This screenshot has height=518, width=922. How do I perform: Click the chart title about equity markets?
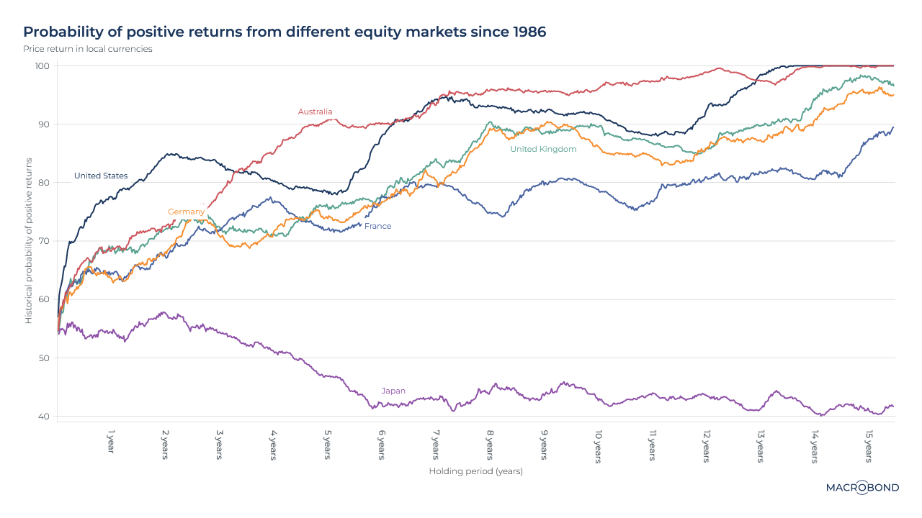(x=285, y=32)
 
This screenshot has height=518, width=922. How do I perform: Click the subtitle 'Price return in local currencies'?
(x=88, y=49)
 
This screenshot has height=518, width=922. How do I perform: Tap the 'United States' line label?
(x=101, y=176)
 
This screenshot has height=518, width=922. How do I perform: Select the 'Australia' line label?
(x=315, y=112)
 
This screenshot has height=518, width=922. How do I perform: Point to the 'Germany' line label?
(x=186, y=212)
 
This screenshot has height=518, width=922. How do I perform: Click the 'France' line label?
(x=378, y=226)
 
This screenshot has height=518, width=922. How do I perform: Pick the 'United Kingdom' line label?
(x=543, y=149)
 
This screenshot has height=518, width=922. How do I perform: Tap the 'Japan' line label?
(x=393, y=391)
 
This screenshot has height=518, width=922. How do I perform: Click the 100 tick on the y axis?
(x=42, y=66)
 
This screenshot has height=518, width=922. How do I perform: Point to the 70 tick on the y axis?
(x=44, y=241)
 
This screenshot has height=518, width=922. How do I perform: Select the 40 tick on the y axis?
(x=44, y=417)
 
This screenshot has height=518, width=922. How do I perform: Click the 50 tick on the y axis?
(x=44, y=358)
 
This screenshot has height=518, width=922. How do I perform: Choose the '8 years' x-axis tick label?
(x=490, y=446)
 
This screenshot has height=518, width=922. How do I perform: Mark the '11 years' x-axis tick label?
(x=652, y=446)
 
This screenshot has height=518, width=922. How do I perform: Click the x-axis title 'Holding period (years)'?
(x=475, y=471)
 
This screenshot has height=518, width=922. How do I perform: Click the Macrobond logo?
(x=862, y=487)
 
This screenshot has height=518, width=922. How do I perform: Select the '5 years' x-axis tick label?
(x=328, y=446)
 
